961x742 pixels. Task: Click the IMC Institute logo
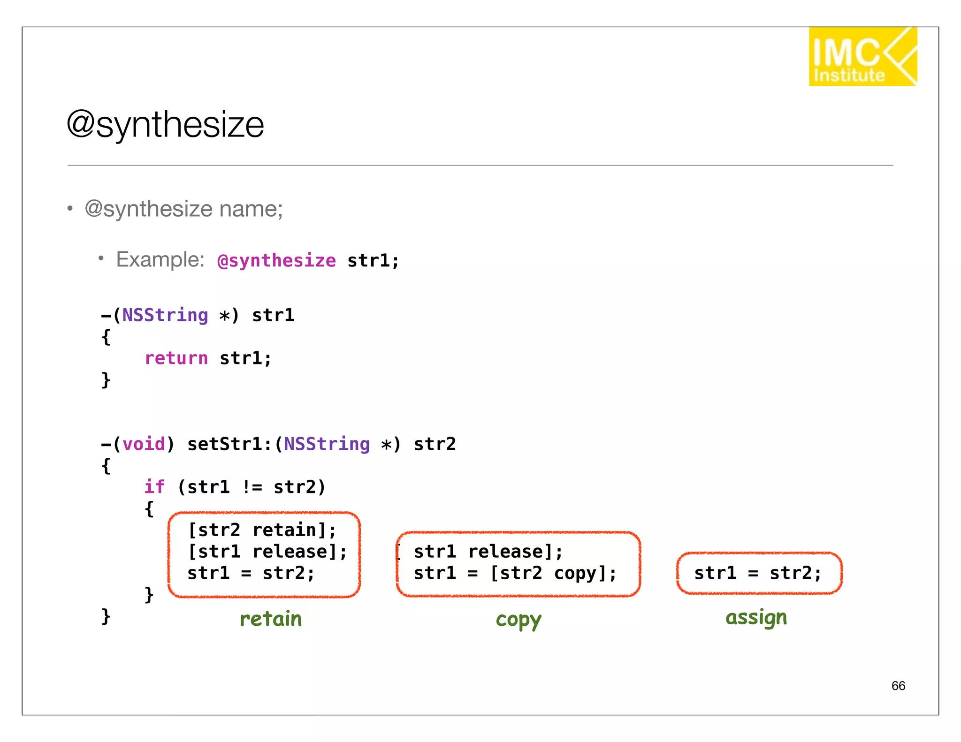(x=862, y=57)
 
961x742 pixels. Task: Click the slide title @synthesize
(x=165, y=125)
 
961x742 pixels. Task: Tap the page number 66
(x=898, y=686)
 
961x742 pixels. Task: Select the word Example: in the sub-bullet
(x=160, y=259)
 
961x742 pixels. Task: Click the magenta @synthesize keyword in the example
(x=277, y=261)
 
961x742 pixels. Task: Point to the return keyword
(x=176, y=359)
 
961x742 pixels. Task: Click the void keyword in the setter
(x=144, y=444)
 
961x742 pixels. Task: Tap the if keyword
(x=154, y=487)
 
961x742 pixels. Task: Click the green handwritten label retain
(x=271, y=619)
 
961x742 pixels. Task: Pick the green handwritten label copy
(x=518, y=620)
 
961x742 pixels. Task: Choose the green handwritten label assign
(x=756, y=618)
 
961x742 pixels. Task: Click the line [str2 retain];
(x=262, y=530)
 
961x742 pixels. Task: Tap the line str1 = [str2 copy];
(x=515, y=574)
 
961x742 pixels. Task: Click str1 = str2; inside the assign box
(x=758, y=574)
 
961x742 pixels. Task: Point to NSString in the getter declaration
(x=165, y=315)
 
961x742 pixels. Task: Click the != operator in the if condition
(x=252, y=487)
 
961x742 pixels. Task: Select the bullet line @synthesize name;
(x=183, y=209)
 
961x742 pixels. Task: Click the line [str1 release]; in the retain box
(x=267, y=552)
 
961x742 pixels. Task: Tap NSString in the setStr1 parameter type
(x=327, y=444)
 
